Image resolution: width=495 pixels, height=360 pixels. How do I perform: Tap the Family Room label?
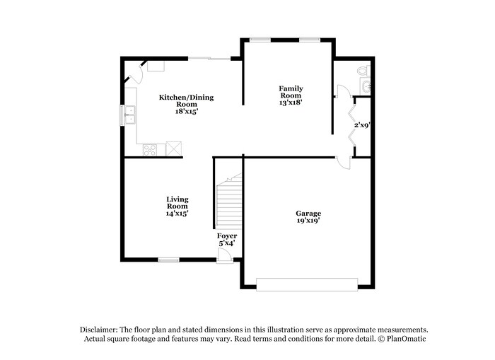tap(290, 91)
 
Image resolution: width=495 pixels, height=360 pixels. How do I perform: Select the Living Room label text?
tap(177, 203)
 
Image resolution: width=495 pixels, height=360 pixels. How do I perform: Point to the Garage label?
tap(308, 213)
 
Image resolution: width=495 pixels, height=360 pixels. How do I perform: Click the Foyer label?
tap(227, 236)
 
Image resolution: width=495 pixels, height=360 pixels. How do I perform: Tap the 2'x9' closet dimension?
tap(363, 126)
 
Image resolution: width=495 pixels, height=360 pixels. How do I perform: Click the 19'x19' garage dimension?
tap(308, 221)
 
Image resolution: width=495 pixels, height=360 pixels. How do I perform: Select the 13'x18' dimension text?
tap(290, 103)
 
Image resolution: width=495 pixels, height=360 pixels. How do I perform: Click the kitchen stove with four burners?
tap(150, 149)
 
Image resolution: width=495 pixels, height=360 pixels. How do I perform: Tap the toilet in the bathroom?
tap(363, 71)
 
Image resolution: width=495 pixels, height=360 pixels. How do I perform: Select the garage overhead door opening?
tap(308, 284)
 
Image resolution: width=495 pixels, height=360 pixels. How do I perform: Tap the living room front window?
tap(168, 260)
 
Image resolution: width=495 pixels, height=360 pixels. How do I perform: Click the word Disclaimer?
tap(97, 330)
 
